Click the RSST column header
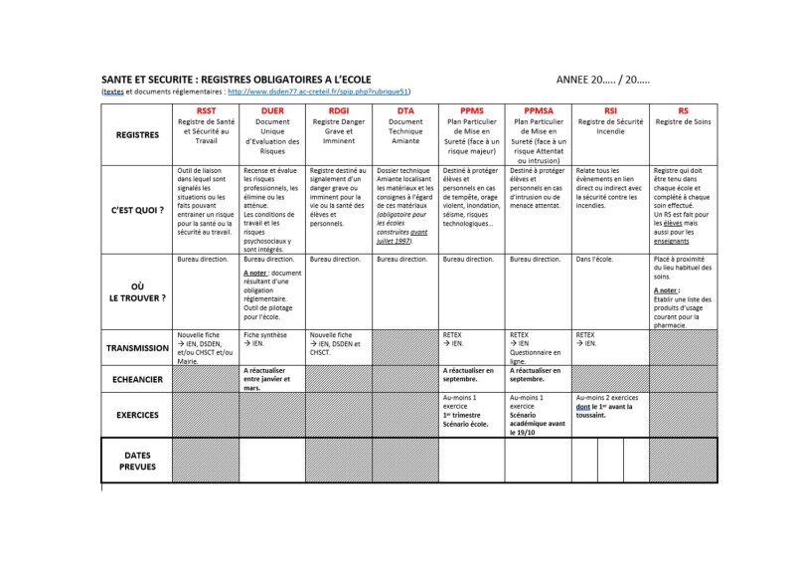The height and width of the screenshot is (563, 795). coord(206,111)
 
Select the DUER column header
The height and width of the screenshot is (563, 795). coord(272,111)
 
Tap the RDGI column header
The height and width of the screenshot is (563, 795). coord(340,111)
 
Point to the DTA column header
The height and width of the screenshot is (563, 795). coord(405,111)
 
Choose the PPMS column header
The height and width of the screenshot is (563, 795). coord(473,111)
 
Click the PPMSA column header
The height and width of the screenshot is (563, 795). coord(540,111)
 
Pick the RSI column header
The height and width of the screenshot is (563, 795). coord(610,111)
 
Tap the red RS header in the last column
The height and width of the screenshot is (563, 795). coord(683,111)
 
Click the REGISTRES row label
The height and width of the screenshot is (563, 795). coord(137,135)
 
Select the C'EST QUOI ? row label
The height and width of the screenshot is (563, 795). coord(137,210)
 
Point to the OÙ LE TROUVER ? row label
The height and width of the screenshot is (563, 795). coord(137,291)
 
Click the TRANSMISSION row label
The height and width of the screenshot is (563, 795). coord(137,348)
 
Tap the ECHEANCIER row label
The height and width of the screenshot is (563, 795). coord(137,378)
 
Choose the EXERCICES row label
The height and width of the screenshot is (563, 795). coord(137,414)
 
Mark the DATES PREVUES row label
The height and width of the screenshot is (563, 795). coord(137,460)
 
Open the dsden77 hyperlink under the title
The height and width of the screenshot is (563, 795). coord(318,92)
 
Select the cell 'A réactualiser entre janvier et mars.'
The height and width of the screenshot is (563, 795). coord(269,378)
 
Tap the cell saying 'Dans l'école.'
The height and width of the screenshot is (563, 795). coord(596,259)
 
